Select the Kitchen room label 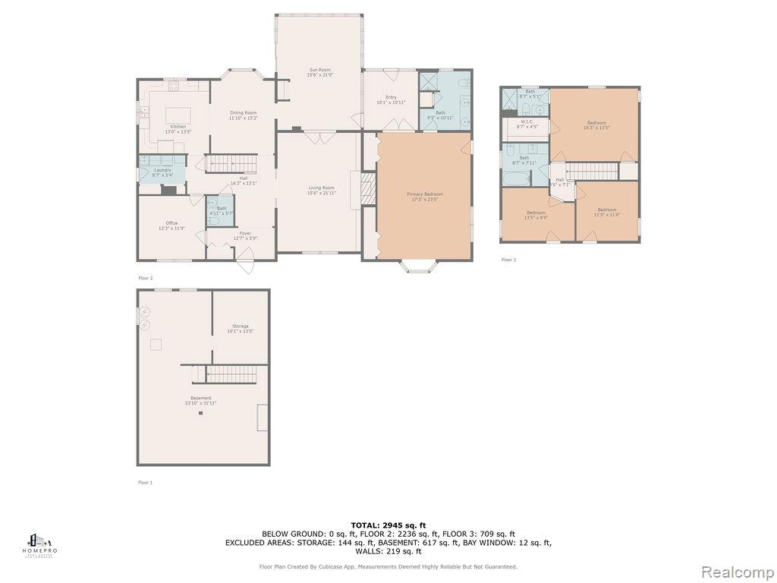(x=178, y=129)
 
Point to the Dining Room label (x=243, y=115)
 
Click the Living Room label (x=321, y=190)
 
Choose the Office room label (x=171, y=225)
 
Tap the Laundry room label (x=162, y=172)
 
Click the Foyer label (x=245, y=235)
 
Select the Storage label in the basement (x=241, y=329)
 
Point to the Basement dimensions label (x=200, y=403)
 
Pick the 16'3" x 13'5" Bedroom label (x=596, y=125)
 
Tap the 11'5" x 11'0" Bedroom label (x=606, y=212)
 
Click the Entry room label (x=391, y=99)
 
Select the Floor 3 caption (x=508, y=260)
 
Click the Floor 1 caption (x=145, y=482)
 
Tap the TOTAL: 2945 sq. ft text (x=388, y=525)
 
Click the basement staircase (x=232, y=373)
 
